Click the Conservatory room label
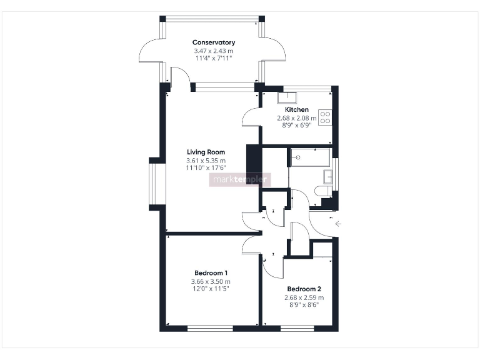click(214, 42)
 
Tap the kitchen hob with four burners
click(325, 117)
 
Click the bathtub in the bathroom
click(309, 157)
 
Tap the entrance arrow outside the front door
click(339, 223)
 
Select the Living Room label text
click(206, 152)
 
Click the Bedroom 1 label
click(211, 273)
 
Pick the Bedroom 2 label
click(304, 289)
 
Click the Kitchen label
click(297, 109)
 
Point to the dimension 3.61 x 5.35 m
click(206, 161)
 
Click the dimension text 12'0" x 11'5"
click(211, 289)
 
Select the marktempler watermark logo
click(241, 180)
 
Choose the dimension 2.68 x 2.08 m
click(297, 117)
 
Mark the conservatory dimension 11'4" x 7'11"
click(214, 59)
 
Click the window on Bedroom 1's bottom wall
click(210, 327)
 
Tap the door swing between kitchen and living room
click(251, 116)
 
